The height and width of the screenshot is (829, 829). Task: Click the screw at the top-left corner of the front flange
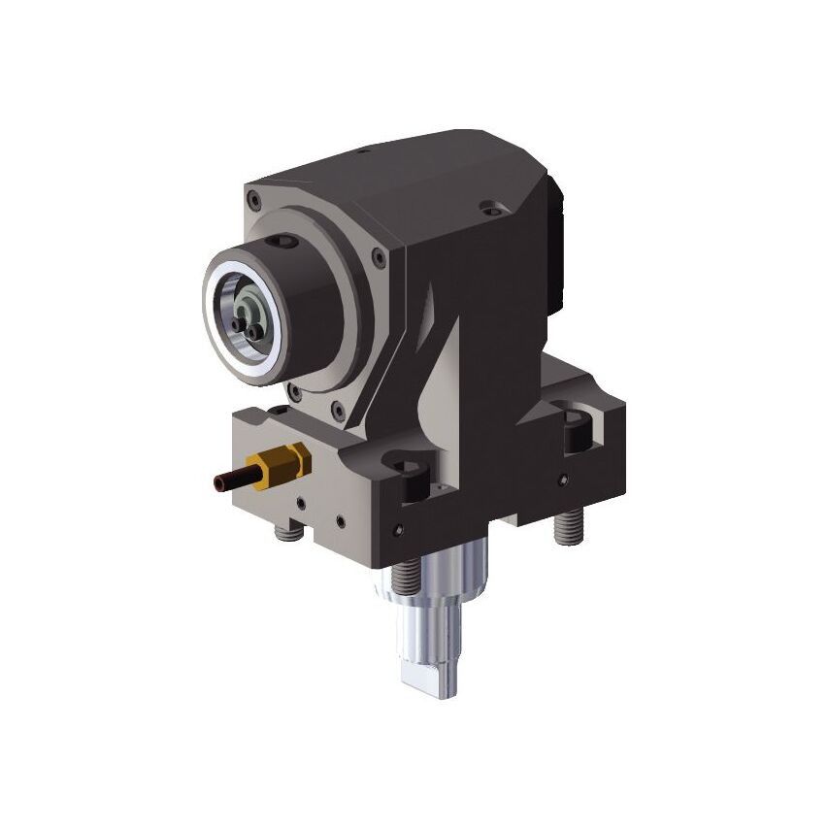pyautogui.click(x=254, y=201)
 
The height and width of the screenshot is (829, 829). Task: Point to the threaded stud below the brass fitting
pyautogui.click(x=284, y=532)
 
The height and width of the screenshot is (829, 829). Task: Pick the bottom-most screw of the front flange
pyautogui.click(x=334, y=408)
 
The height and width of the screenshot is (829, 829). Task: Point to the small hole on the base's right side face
pyautogui.click(x=561, y=480)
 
